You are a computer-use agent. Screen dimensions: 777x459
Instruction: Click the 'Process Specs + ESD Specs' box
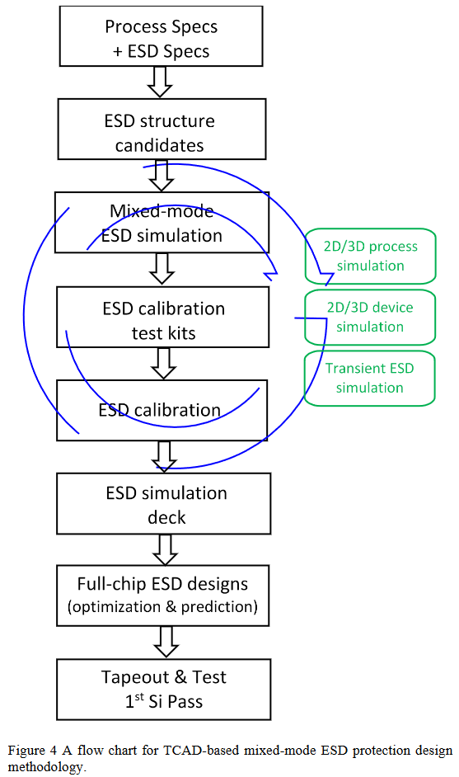(x=162, y=39)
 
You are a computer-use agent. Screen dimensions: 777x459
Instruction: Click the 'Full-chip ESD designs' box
(x=162, y=596)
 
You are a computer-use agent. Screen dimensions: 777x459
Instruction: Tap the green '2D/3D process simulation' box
(x=370, y=256)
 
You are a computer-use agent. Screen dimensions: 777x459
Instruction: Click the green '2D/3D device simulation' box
(x=370, y=317)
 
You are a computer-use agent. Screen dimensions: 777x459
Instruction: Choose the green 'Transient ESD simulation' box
(x=370, y=377)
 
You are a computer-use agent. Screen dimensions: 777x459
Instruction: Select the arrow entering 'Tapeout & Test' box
(x=162, y=642)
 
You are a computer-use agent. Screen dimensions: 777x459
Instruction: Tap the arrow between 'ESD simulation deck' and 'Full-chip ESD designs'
(x=162, y=549)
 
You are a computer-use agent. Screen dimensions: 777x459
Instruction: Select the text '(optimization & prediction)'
(x=162, y=607)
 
